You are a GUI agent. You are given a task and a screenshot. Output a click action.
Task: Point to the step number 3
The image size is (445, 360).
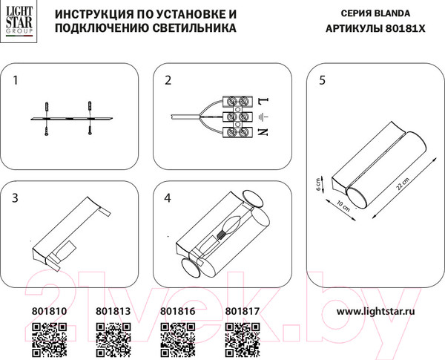[17, 197]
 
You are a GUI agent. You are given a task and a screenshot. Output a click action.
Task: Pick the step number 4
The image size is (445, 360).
[168, 197]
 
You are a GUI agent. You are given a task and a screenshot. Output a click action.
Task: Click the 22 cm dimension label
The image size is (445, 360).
[402, 187]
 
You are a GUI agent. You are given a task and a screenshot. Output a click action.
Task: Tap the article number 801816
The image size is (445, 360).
[177, 313]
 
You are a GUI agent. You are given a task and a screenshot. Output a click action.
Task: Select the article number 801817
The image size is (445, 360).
[241, 313]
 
